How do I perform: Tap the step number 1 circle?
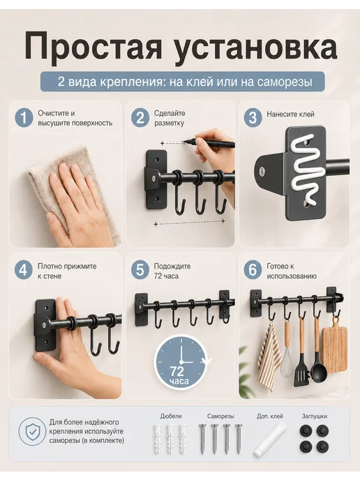coord(24,118)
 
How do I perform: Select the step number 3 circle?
coord(253,118)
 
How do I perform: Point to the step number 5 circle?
coord(140,271)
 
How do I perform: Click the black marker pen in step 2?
coord(208,143)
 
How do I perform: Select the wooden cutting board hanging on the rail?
coord(334,348)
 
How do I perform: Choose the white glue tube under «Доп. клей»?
coord(269,440)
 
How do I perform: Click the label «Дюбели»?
coord(171,417)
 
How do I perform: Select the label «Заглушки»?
coord(315,417)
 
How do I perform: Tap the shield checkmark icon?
coord(32,432)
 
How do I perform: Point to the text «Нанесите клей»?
coord(290,114)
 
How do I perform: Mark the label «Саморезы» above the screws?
coord(220,417)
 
